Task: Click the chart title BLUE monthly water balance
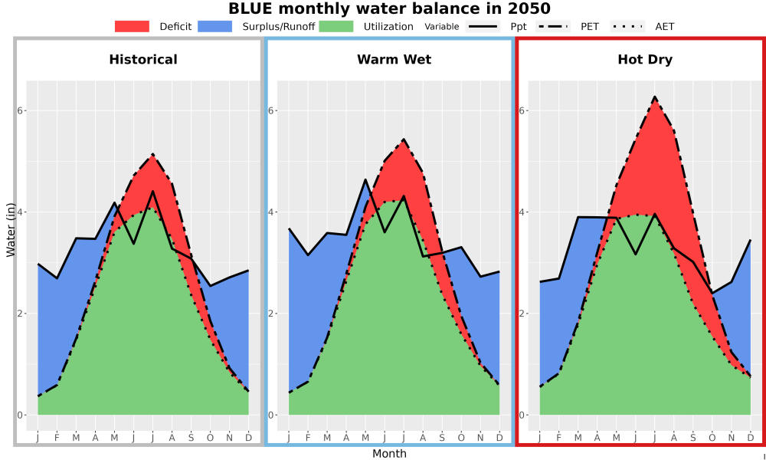(x=389, y=8)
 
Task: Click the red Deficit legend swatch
(x=132, y=26)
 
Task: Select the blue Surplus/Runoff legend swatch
(x=215, y=26)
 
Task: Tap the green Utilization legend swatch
(x=336, y=26)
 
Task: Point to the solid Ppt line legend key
(x=483, y=26)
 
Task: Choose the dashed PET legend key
(x=553, y=26)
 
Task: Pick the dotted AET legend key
(x=627, y=26)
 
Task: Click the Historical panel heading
(x=143, y=60)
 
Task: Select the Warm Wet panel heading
(x=394, y=60)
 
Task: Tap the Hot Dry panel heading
(x=645, y=60)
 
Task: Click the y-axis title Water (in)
(x=10, y=231)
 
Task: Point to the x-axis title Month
(x=389, y=454)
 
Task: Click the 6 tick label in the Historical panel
(x=20, y=110)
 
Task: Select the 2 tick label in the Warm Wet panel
(x=271, y=314)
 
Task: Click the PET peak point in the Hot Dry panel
(x=655, y=97)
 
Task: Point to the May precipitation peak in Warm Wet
(x=365, y=180)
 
